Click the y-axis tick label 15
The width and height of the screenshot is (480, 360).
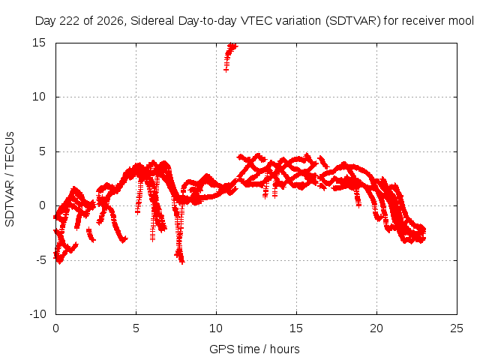click(39, 43)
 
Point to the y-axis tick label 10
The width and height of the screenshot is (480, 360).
click(39, 97)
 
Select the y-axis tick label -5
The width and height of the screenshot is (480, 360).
click(41, 260)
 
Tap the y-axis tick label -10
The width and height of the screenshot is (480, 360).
click(37, 314)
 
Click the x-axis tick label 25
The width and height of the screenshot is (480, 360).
click(457, 328)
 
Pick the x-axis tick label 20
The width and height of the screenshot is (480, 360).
click(376, 328)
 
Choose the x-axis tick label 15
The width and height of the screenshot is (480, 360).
click(296, 328)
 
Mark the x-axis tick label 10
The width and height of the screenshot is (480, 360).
click(216, 328)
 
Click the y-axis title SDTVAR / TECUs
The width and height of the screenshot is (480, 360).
click(10, 179)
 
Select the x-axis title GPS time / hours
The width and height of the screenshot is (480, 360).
click(254, 349)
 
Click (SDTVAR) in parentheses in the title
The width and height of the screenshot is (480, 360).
click(353, 21)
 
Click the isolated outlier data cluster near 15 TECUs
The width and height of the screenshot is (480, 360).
click(230, 56)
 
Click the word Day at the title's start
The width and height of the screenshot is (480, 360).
click(45, 21)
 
